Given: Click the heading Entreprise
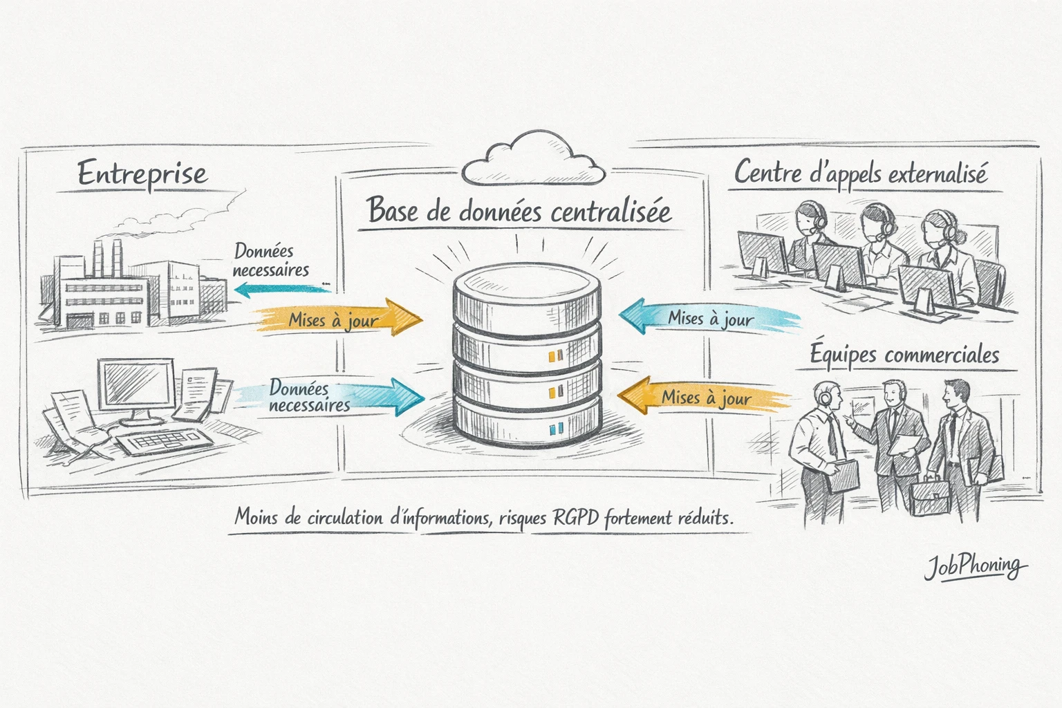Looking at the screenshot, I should tap(142, 174).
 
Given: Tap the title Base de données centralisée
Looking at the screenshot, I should tap(519, 210).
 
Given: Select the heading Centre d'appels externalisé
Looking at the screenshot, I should tap(860, 173).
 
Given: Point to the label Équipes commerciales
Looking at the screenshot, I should tap(904, 355).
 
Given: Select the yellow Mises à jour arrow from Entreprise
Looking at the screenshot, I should tap(339, 319).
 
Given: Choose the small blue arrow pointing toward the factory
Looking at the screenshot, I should tap(280, 288).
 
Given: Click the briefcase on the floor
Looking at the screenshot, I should tap(929, 497).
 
